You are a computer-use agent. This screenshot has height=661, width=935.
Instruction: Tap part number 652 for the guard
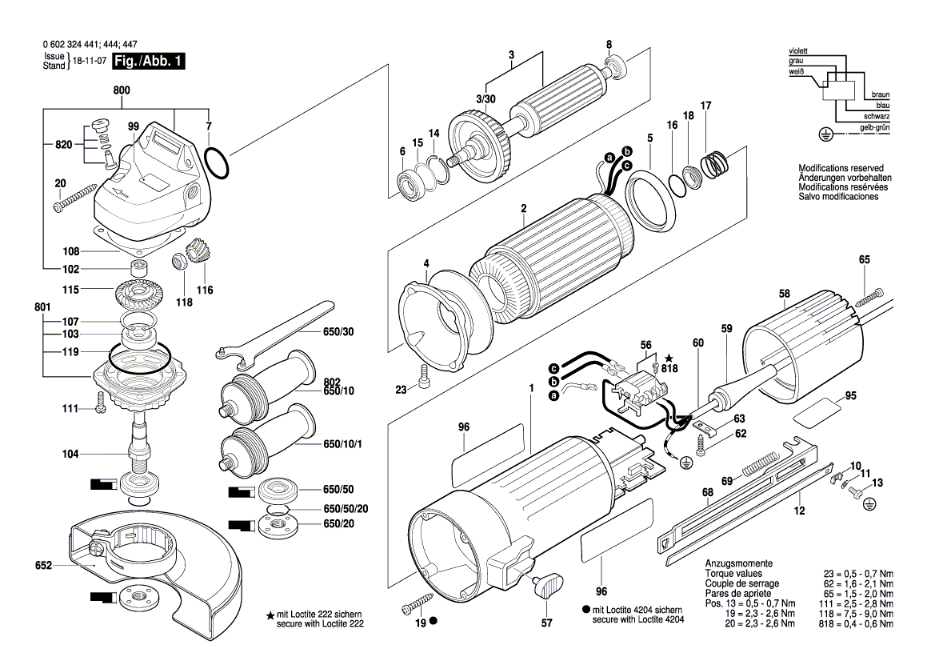pos(43,566)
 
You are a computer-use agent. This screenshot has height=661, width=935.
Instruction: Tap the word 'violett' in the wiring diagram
pos(798,50)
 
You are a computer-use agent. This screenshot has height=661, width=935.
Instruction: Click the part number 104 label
pos(70,454)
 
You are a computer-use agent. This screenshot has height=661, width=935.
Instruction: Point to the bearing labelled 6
pos(410,185)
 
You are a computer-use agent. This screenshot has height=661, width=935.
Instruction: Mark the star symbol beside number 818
pos(669,358)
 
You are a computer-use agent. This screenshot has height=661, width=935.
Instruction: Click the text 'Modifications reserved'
pos(837,168)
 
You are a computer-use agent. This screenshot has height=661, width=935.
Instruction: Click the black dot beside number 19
pos(434,621)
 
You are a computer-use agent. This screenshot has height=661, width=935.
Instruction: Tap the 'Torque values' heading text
pos(733,574)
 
